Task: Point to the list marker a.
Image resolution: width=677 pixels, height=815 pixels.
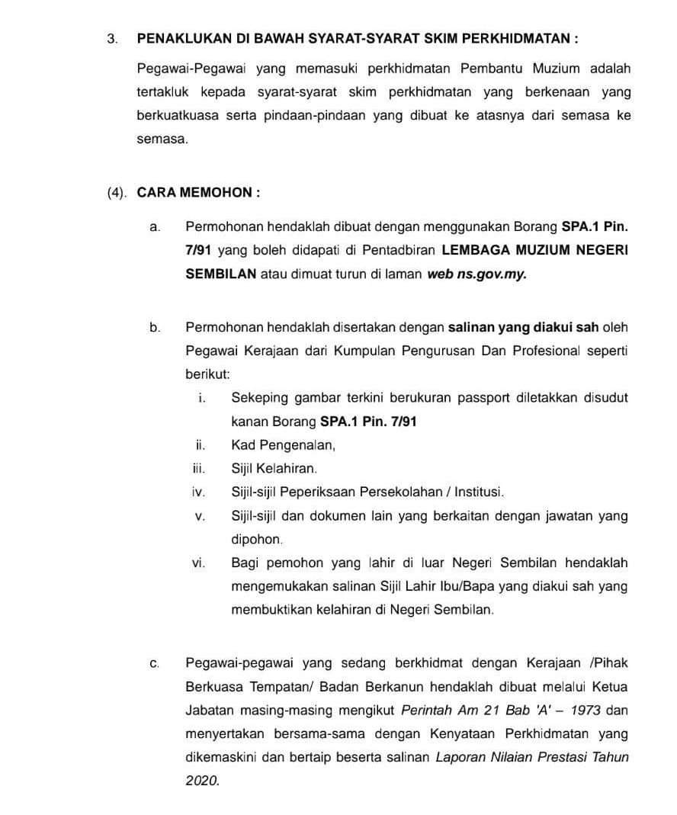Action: tap(155, 226)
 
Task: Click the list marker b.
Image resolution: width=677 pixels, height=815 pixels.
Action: tap(155, 327)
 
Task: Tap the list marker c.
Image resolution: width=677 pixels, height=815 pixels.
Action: tap(155, 663)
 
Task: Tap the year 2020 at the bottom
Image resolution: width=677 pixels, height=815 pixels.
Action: tap(201, 781)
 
